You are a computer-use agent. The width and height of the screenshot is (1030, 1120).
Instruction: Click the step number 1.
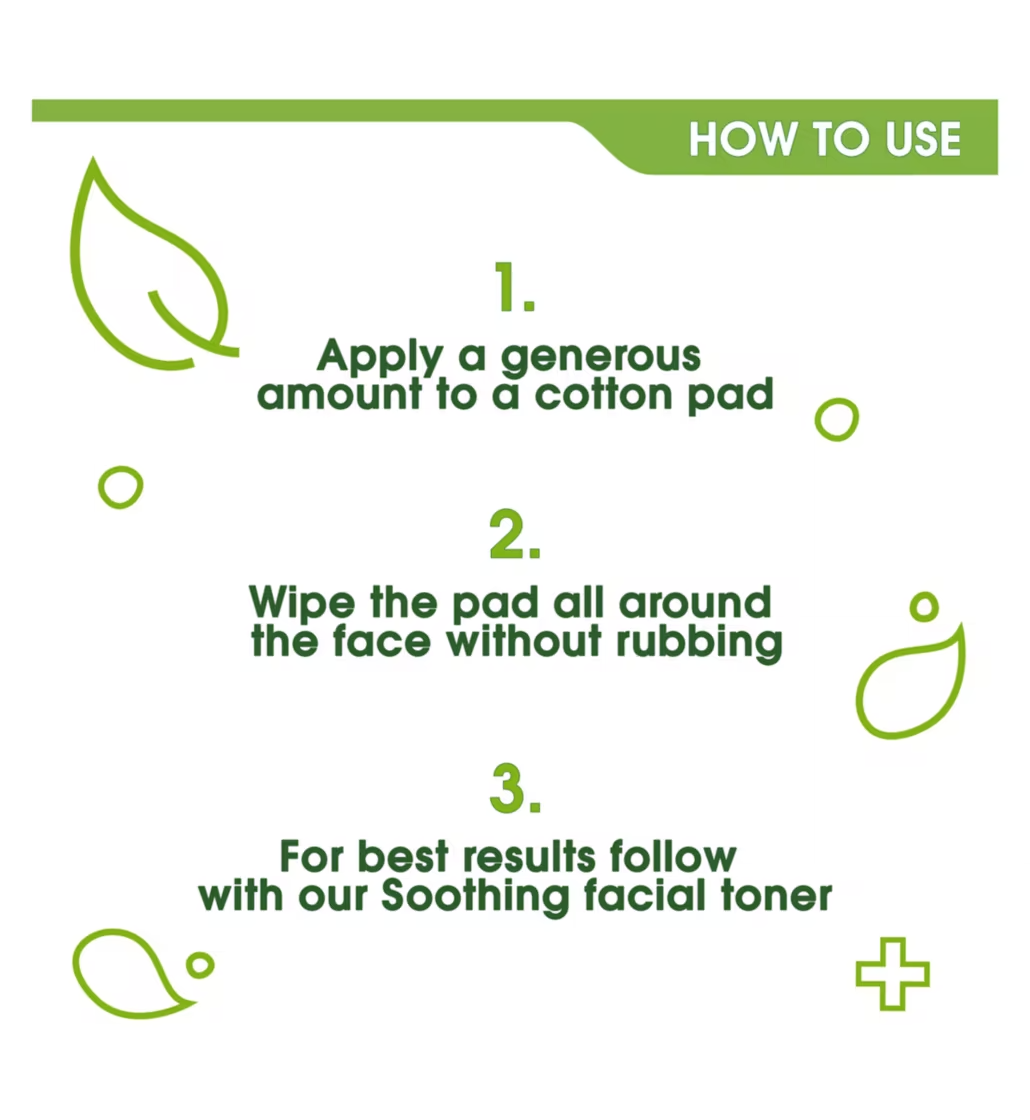[513, 289]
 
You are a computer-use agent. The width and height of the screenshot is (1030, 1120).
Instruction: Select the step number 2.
[514, 537]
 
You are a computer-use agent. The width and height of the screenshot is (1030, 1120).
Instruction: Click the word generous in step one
[600, 358]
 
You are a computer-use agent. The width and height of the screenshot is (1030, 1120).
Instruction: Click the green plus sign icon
[892, 973]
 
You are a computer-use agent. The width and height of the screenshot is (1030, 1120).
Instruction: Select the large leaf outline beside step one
[140, 270]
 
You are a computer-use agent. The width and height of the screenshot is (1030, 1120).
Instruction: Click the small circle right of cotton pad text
[836, 419]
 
